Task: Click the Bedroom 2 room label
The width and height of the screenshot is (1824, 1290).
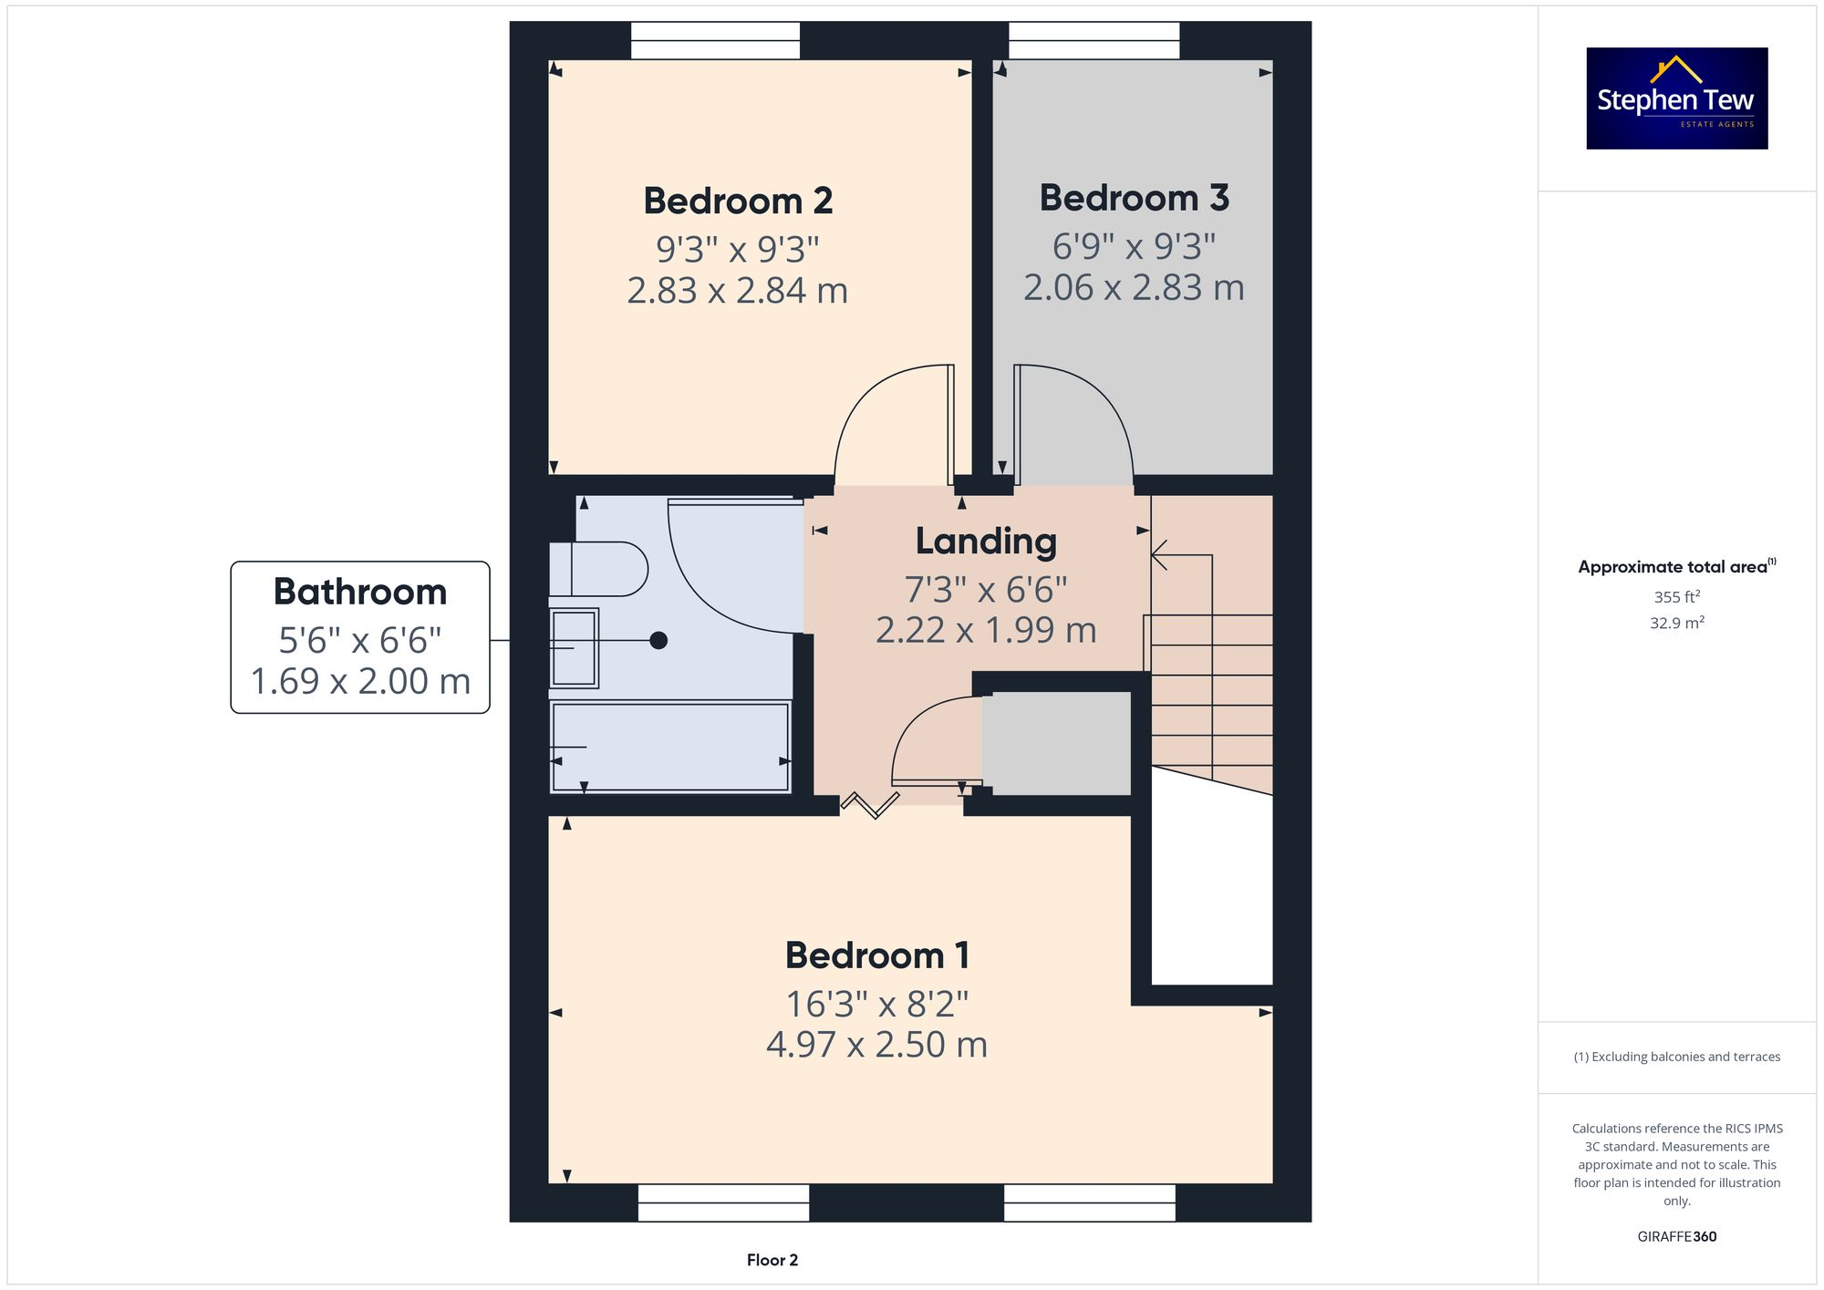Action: [x=738, y=201]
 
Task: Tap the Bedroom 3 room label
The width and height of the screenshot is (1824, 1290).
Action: [x=1134, y=198]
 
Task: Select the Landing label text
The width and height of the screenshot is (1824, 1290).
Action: [x=986, y=542]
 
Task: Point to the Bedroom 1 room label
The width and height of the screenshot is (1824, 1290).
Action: [x=876, y=955]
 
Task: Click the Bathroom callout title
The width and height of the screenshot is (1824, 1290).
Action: [x=360, y=592]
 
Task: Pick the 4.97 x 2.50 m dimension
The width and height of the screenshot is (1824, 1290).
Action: [x=876, y=1045]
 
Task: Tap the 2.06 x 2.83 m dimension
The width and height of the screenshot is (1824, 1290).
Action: [x=1134, y=288]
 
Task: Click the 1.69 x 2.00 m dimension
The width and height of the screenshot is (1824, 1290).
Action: [x=360, y=681]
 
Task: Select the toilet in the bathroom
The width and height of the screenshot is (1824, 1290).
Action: [x=598, y=569]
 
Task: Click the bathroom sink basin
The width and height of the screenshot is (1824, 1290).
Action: [x=574, y=647]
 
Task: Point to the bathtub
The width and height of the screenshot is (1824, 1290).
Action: [x=670, y=747]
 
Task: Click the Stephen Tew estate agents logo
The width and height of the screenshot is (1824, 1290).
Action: [x=1676, y=98]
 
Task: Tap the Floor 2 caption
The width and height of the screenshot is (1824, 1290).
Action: [x=772, y=1260]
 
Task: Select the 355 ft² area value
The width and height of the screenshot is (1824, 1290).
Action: [x=1676, y=597]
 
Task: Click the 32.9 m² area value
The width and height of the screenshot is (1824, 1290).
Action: [x=1676, y=624]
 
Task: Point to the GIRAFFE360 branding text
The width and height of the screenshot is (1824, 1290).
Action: [x=1676, y=1236]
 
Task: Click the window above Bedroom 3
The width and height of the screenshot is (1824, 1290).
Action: [x=1093, y=41]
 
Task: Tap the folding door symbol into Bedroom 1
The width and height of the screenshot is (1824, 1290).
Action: [x=869, y=805]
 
